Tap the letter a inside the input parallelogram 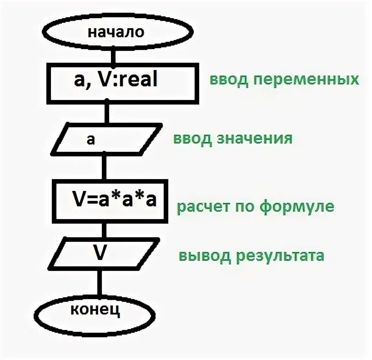(90, 139)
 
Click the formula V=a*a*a (114, 199)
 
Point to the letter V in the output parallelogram (101, 253)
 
